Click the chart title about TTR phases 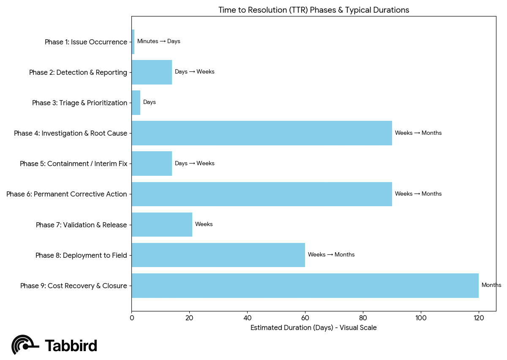click(x=313, y=10)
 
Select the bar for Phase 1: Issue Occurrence click(x=133, y=42)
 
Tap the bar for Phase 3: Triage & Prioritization click(x=136, y=103)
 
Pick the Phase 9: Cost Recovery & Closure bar click(x=305, y=286)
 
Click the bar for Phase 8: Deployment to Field click(x=218, y=255)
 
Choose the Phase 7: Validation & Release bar click(x=162, y=225)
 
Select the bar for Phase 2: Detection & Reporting click(x=152, y=72)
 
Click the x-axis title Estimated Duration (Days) click(x=313, y=328)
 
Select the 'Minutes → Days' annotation click(x=159, y=41)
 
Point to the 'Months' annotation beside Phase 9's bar click(x=491, y=285)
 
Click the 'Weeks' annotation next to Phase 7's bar click(x=204, y=224)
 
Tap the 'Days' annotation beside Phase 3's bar click(x=150, y=102)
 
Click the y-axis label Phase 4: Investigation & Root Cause click(x=71, y=134)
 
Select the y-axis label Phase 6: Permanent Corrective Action click(x=67, y=194)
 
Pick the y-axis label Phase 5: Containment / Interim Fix click(x=74, y=164)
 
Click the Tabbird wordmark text click(x=71, y=346)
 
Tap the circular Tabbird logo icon click(x=23, y=345)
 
